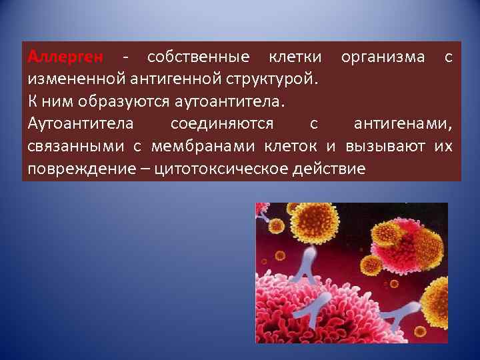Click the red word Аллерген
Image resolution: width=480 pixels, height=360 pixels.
64,57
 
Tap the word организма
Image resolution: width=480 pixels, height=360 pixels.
382,57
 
